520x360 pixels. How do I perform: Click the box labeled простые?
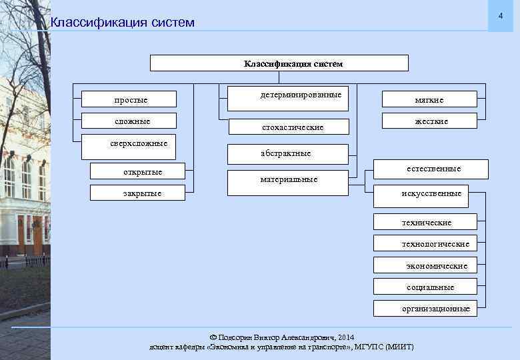129,99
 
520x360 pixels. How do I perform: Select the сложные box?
129,121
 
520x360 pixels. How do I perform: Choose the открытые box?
143,172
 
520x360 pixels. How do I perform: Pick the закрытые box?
142,193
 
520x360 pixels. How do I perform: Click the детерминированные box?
288,99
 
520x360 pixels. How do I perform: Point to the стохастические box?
288,126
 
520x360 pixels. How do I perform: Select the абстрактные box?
288,153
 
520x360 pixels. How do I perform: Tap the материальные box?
288,183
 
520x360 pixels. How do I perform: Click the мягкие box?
429,99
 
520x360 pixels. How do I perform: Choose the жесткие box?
429,121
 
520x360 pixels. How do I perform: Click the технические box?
425,222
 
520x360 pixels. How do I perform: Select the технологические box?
425,243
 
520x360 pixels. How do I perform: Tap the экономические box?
425,265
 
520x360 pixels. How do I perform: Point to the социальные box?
425,287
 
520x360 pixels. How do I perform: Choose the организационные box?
425,308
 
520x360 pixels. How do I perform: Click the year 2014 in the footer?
347,337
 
